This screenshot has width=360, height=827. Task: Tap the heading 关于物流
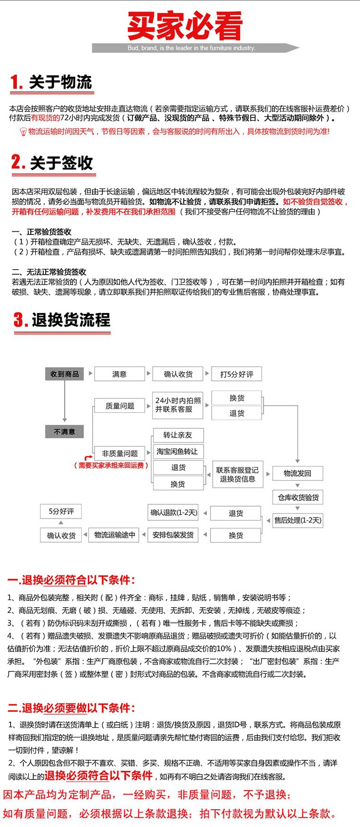[x=60, y=82]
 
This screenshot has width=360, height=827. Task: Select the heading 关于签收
[x=61, y=163]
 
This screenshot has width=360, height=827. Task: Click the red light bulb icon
[x=23, y=132]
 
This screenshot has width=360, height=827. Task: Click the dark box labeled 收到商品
[x=64, y=374]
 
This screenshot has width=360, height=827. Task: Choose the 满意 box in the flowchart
[x=120, y=374]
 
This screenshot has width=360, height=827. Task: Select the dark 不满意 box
[x=64, y=431]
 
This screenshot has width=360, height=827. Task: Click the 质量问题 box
[x=120, y=406]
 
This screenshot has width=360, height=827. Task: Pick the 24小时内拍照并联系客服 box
[x=178, y=405]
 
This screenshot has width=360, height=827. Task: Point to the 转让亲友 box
[x=178, y=435]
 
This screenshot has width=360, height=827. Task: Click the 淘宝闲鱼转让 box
[x=178, y=451]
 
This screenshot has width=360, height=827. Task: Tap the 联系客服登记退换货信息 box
[x=238, y=474]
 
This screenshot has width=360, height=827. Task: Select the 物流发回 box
[x=298, y=473]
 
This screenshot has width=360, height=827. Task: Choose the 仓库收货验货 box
[x=298, y=497]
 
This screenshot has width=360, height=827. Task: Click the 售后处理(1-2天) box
[x=298, y=520]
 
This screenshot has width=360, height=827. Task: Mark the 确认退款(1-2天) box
[x=174, y=513]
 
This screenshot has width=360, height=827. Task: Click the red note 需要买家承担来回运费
[x=111, y=465]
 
